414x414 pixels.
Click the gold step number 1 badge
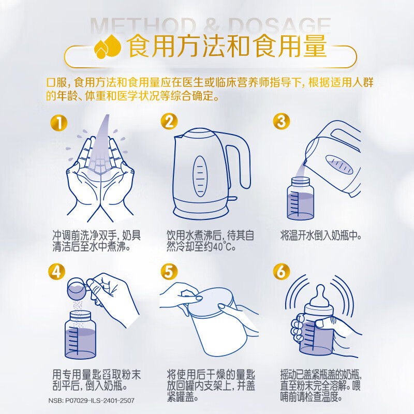[x=59, y=123]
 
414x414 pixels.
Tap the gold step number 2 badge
[x=170, y=121]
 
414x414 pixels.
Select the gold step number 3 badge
[x=282, y=121]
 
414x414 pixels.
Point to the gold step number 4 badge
[x=57, y=271]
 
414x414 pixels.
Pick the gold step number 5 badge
[x=169, y=271]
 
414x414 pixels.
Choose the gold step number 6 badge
[x=282, y=271]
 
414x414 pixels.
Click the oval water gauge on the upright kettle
[x=200, y=176]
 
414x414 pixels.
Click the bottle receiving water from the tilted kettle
[x=301, y=198]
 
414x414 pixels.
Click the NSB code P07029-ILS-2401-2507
[x=92, y=401]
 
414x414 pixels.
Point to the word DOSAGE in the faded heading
[x=279, y=26]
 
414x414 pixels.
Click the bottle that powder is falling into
[x=80, y=335]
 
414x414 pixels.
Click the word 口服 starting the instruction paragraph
[x=57, y=82]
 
